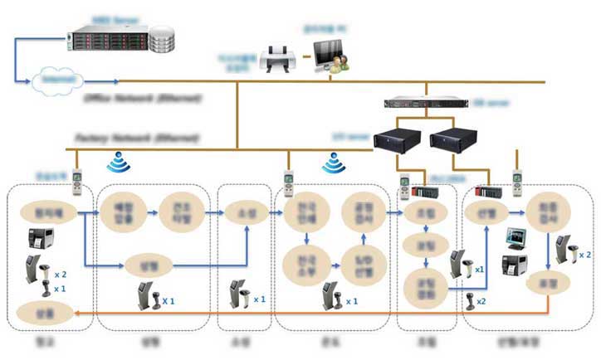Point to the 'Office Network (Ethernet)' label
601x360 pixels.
pos(142,99)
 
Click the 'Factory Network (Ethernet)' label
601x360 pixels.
pos(137,135)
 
